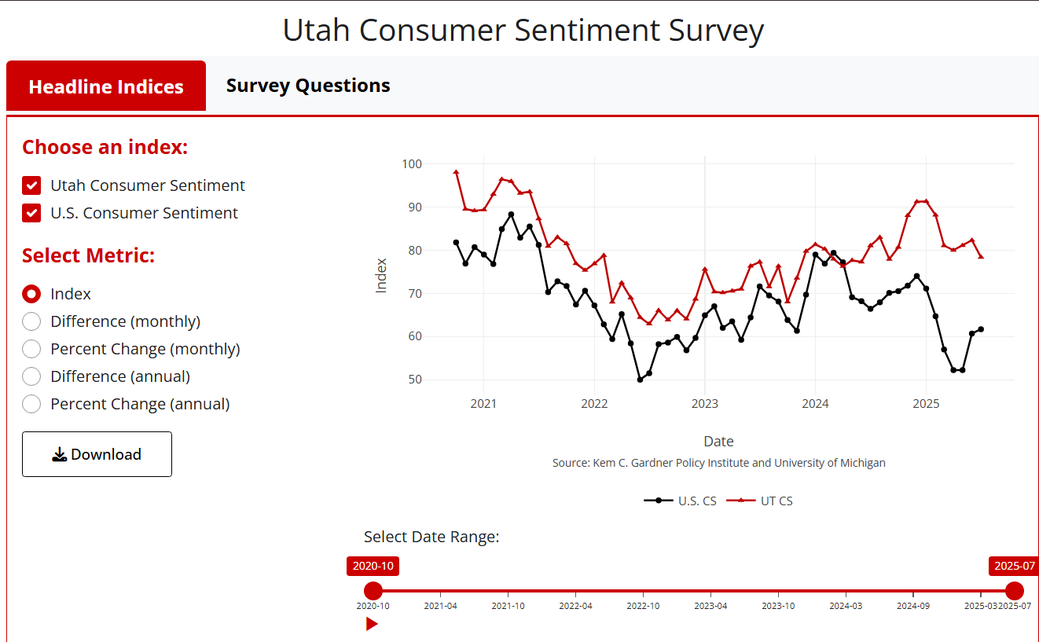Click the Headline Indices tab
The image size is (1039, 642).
pyautogui.click(x=106, y=86)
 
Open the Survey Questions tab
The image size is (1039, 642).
pyautogui.click(x=308, y=86)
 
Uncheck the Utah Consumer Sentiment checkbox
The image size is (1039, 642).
pyautogui.click(x=31, y=185)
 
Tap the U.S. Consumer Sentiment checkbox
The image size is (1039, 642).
pyautogui.click(x=31, y=213)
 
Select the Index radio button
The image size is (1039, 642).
pyautogui.click(x=31, y=294)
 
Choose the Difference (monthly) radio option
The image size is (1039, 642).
pyautogui.click(x=31, y=321)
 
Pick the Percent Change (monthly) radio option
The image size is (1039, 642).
pyautogui.click(x=31, y=349)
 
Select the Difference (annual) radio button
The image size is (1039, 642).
pyautogui.click(x=31, y=376)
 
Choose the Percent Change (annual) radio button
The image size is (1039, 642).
pyautogui.click(x=31, y=404)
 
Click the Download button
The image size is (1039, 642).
pyautogui.click(x=97, y=454)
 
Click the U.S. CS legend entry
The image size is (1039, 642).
pyautogui.click(x=681, y=501)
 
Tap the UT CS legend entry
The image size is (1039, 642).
pyautogui.click(x=761, y=501)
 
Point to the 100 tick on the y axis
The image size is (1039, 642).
pyautogui.click(x=413, y=164)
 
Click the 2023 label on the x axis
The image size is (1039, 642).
pyautogui.click(x=704, y=404)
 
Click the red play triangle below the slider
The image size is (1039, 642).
pyautogui.click(x=372, y=624)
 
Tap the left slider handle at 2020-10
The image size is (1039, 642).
pyautogui.click(x=373, y=591)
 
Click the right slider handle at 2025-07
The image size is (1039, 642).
pyautogui.click(x=1015, y=591)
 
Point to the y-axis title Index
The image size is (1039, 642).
pyautogui.click(x=382, y=275)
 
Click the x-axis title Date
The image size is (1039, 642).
pyautogui.click(x=718, y=441)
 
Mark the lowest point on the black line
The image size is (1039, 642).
pyautogui.click(x=640, y=380)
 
